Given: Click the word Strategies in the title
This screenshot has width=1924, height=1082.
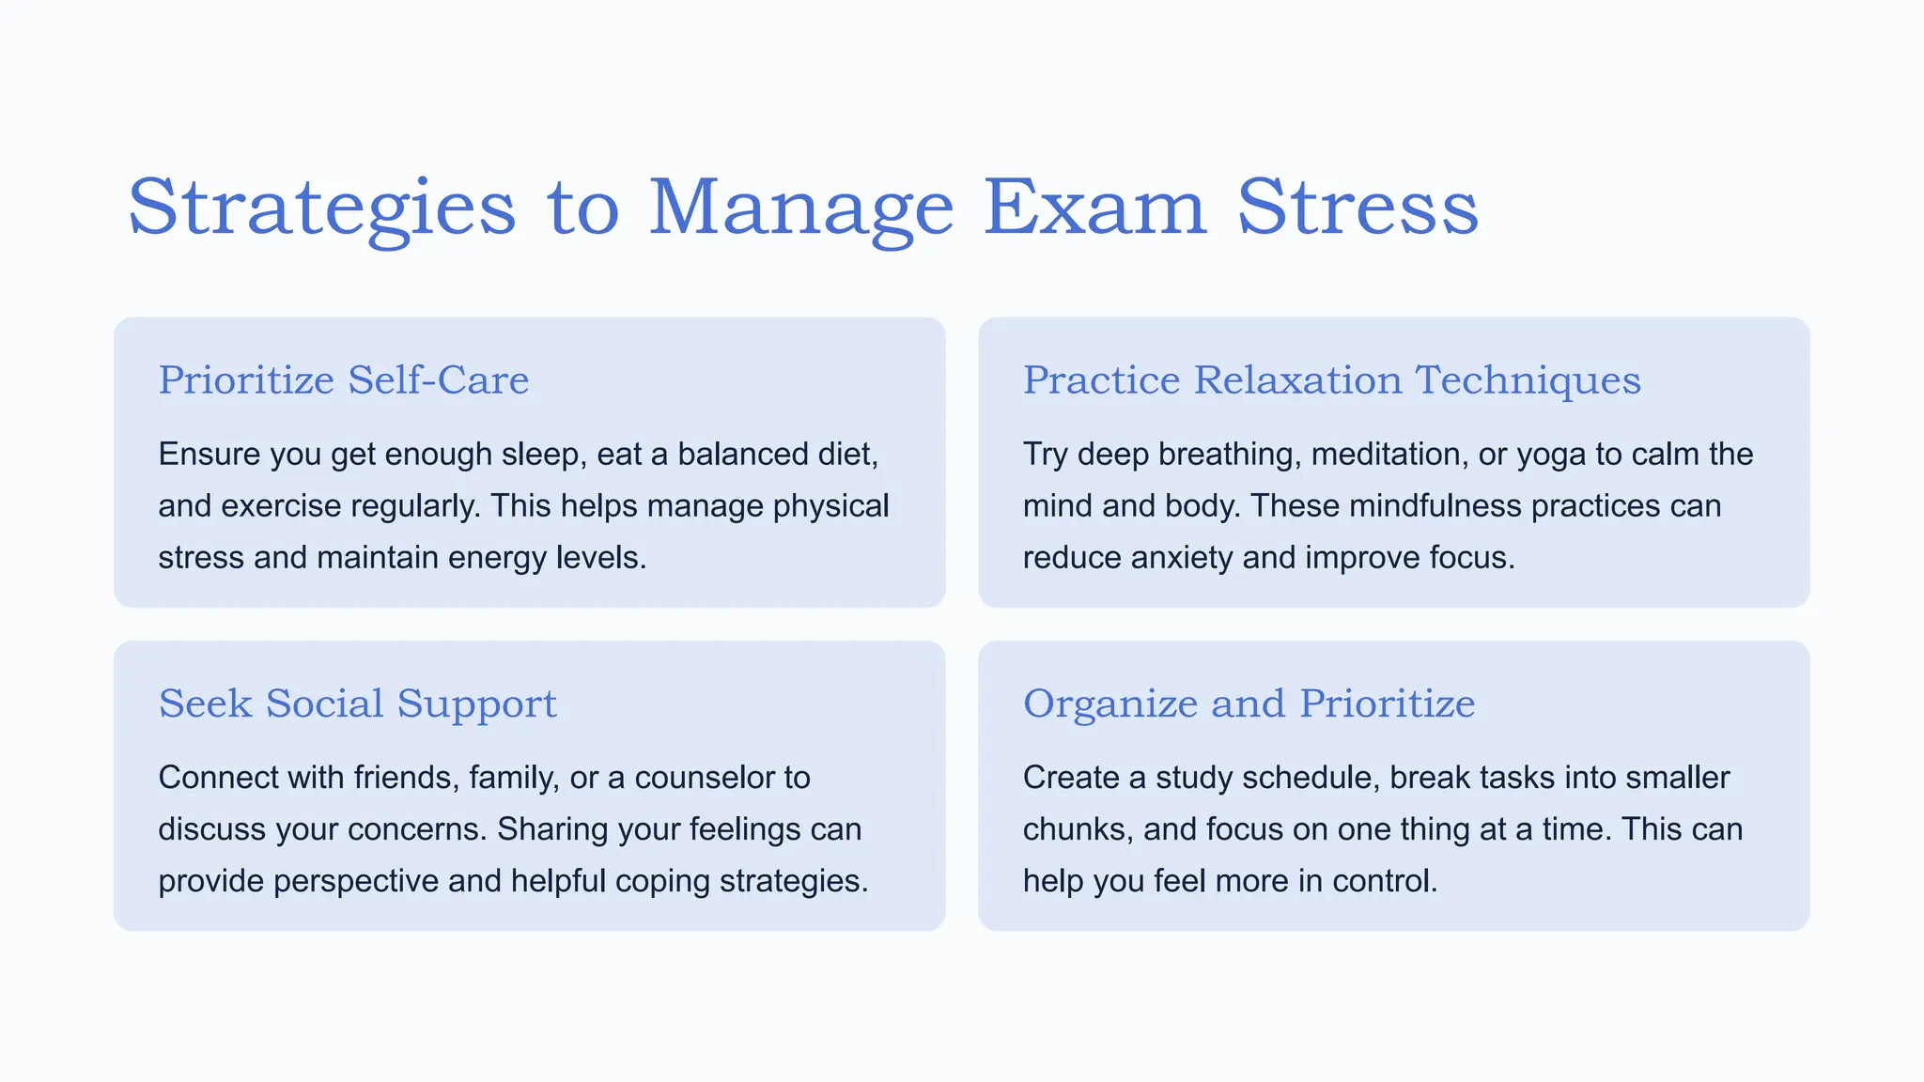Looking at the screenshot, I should coord(321,208).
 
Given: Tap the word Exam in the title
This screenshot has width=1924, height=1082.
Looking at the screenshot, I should coord(1094,208).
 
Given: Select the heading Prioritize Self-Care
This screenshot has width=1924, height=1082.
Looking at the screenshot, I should coord(344,380).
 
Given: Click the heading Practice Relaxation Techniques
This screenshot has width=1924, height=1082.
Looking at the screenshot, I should coord(1331,380).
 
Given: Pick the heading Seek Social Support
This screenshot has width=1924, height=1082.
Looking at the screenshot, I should coord(357,703).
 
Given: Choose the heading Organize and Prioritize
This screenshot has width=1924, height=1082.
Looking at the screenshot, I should coord(1249,703).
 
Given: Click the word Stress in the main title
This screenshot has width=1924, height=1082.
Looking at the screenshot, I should coord(1358,208).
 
